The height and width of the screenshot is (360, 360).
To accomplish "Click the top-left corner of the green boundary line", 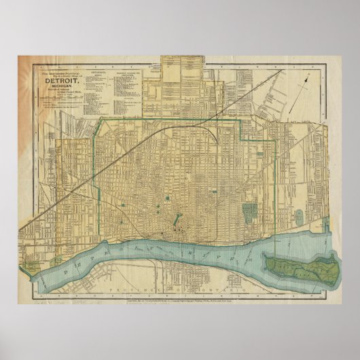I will coord(101,119).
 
